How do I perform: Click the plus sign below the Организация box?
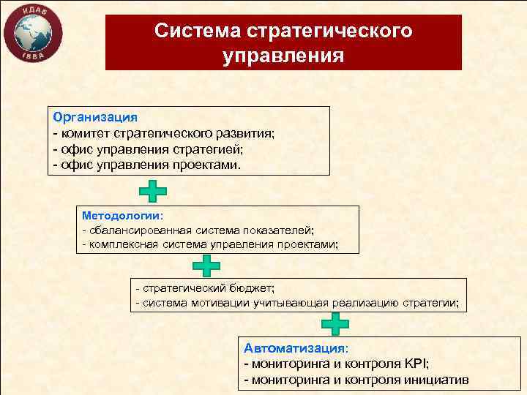tap(153, 191)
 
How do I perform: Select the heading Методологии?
tap(122, 217)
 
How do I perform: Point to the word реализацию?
tap(359, 303)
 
